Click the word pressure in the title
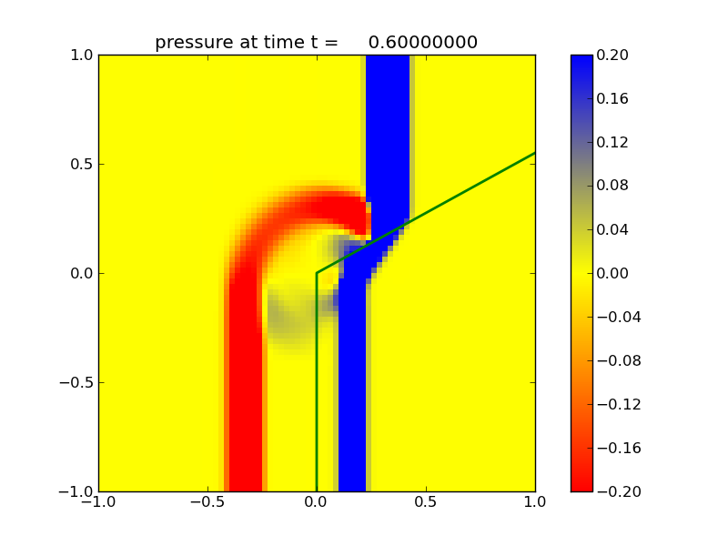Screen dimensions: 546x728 point(188,43)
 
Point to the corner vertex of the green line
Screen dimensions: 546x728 point(317,273)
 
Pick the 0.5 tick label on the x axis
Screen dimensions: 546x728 point(426,505)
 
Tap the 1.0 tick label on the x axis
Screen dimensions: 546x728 point(535,505)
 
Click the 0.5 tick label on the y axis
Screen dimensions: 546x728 point(78,164)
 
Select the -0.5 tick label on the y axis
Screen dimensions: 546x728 point(75,382)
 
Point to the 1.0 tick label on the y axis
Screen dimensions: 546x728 point(78,55)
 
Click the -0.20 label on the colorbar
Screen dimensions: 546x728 point(620,491)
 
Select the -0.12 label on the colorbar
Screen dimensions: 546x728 point(620,404)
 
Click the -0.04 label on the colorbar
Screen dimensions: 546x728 point(620,317)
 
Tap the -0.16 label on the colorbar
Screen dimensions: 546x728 point(620,448)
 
